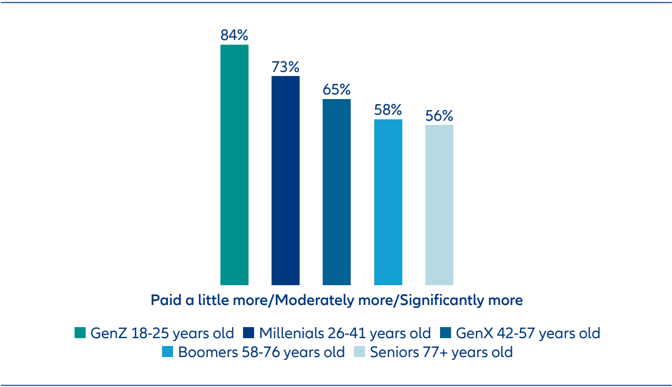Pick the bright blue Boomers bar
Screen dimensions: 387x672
388,202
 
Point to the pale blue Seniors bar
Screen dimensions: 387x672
439,205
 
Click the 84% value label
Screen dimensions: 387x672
234,35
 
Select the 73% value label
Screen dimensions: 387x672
285,67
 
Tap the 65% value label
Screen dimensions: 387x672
336,89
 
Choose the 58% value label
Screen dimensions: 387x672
388,110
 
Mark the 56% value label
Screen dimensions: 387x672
439,116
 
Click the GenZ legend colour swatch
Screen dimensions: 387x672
80,333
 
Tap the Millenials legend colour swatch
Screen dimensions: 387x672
249,333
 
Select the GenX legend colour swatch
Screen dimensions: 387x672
446,333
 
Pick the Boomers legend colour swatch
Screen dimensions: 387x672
168,352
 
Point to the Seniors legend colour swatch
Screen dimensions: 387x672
359,352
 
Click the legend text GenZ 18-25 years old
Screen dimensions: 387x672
162,333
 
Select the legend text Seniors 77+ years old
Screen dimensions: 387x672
441,352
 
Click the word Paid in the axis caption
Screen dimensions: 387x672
166,300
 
